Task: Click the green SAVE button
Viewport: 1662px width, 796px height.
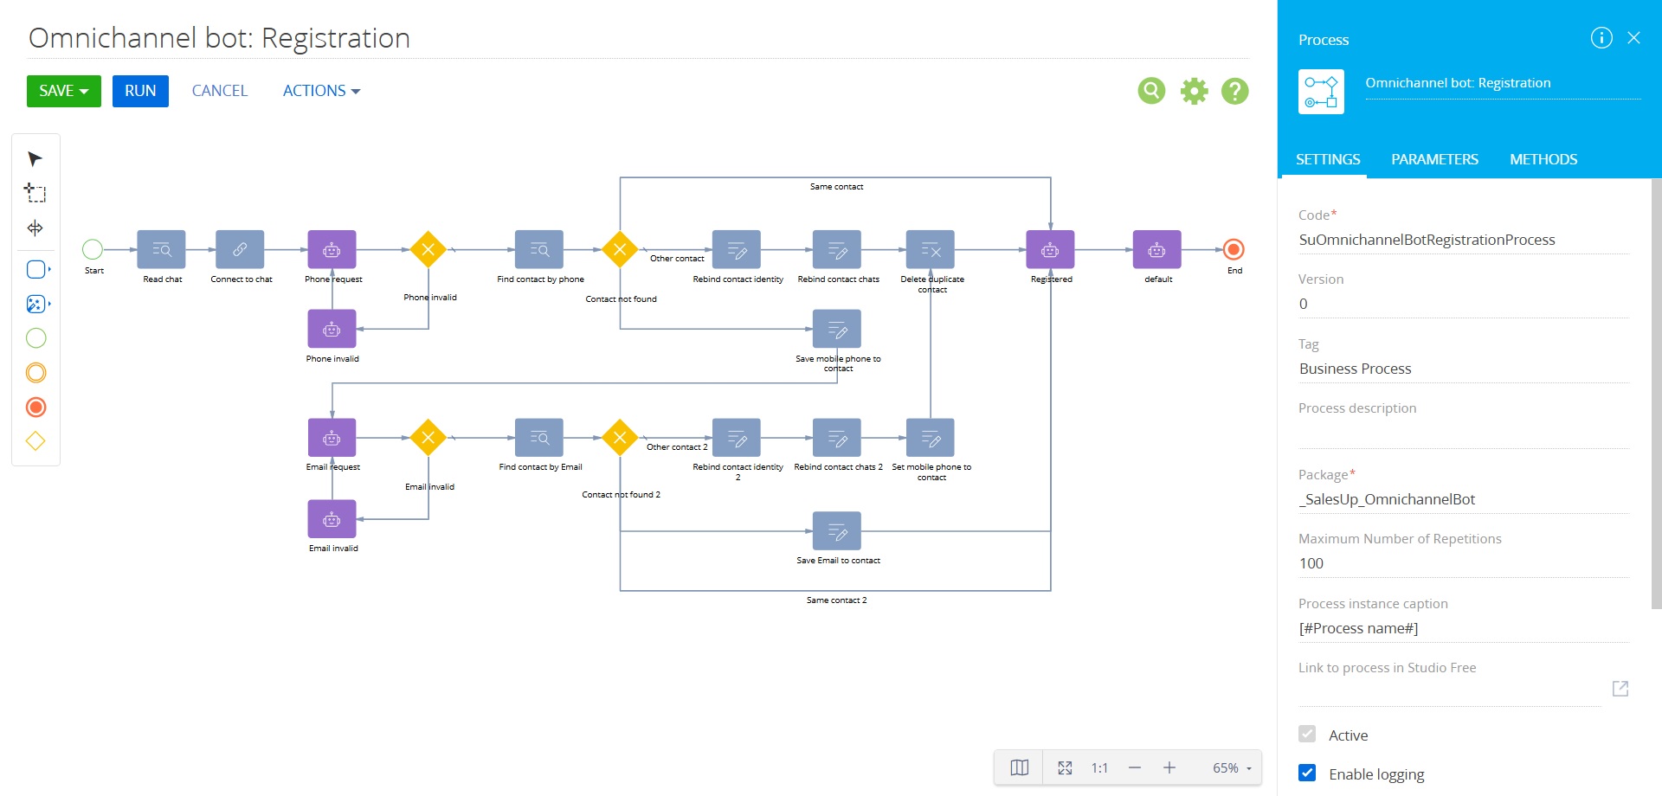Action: click(x=63, y=91)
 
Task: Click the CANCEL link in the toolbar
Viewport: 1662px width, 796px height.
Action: click(x=220, y=91)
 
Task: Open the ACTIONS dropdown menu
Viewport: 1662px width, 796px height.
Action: click(x=321, y=91)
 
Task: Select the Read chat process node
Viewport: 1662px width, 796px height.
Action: click(x=162, y=250)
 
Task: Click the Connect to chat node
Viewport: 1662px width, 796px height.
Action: click(x=240, y=250)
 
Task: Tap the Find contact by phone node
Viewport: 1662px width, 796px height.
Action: click(x=539, y=250)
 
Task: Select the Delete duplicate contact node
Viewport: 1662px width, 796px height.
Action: click(x=931, y=250)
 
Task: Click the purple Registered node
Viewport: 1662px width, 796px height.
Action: click(x=1050, y=250)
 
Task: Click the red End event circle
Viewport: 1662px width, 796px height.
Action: click(x=1234, y=250)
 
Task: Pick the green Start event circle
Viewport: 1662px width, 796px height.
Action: click(x=93, y=250)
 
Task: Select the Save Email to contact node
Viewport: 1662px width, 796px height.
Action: click(x=837, y=531)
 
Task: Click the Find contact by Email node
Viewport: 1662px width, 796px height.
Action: click(x=539, y=438)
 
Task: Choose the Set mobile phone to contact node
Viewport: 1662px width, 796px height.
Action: click(x=931, y=438)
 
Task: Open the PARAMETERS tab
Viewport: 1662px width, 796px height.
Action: click(x=1434, y=159)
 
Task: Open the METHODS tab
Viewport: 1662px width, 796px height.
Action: click(x=1543, y=159)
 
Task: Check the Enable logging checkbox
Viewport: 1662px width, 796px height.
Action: click(x=1307, y=774)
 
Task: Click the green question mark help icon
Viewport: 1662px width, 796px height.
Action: click(x=1235, y=91)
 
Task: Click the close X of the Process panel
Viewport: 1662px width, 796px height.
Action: click(x=1633, y=38)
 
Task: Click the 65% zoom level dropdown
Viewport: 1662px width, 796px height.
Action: click(x=1232, y=768)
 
